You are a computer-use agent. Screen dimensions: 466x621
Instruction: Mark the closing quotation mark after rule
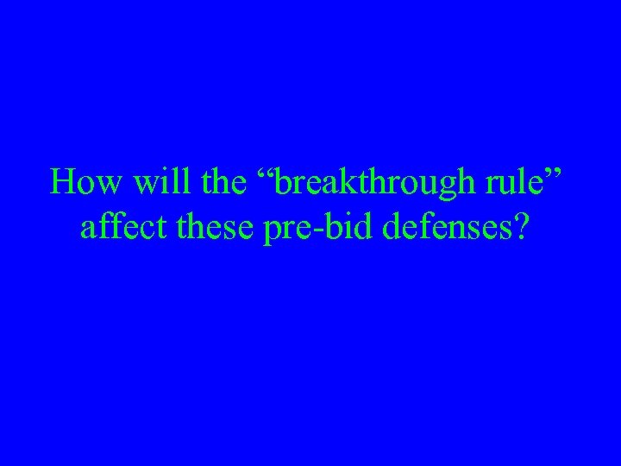click(561, 173)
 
